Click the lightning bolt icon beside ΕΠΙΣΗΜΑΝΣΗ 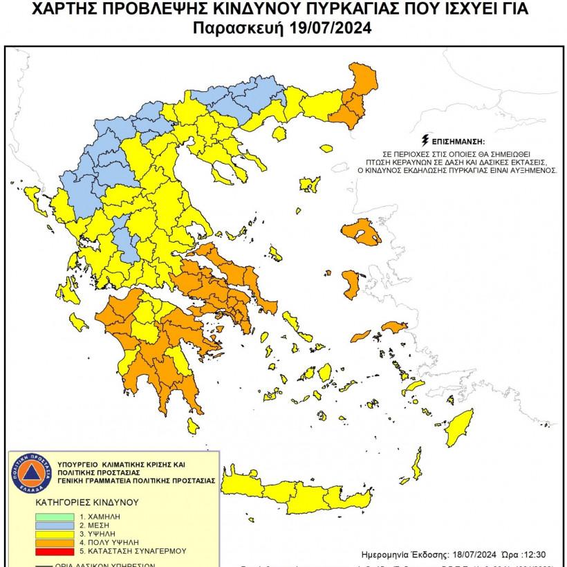pyautogui.click(x=434, y=140)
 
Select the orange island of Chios pyautogui.click(x=350, y=281)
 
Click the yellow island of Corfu pyautogui.click(x=31, y=201)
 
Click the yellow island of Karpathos pyautogui.click(x=417, y=461)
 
